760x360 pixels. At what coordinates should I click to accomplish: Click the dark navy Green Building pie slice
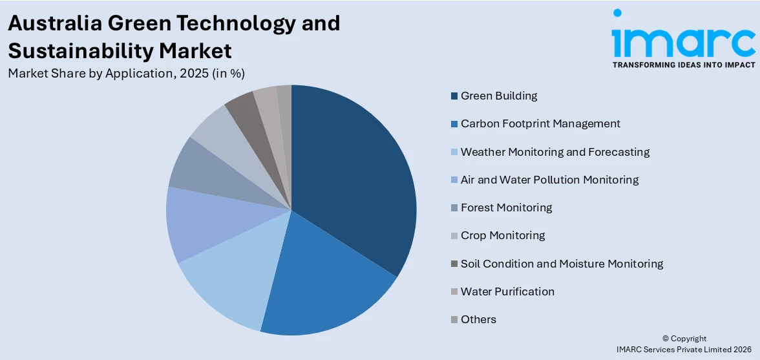352,181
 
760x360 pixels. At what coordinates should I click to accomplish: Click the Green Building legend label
498,96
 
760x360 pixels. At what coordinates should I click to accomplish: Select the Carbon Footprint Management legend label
540,123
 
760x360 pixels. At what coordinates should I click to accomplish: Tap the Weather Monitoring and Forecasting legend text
554,152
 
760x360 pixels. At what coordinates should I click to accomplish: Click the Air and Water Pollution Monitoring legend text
549,180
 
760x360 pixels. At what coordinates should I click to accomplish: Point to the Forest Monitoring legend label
506,207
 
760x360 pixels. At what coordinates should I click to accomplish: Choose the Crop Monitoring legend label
502,235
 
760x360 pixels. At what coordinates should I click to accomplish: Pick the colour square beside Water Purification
454,291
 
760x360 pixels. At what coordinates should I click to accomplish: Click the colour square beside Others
454,319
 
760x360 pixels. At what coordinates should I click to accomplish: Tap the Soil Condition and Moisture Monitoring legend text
561,264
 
